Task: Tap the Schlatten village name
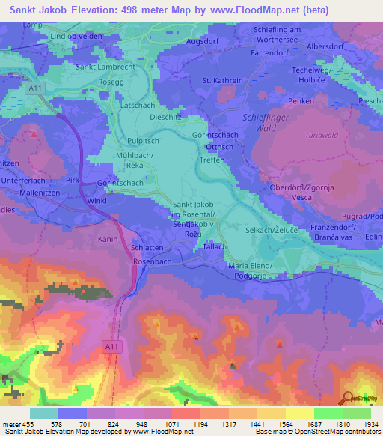pyautogui.click(x=147, y=246)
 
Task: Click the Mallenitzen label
pyautogui.click(x=27, y=192)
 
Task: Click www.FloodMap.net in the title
pyautogui.click(x=232, y=10)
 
